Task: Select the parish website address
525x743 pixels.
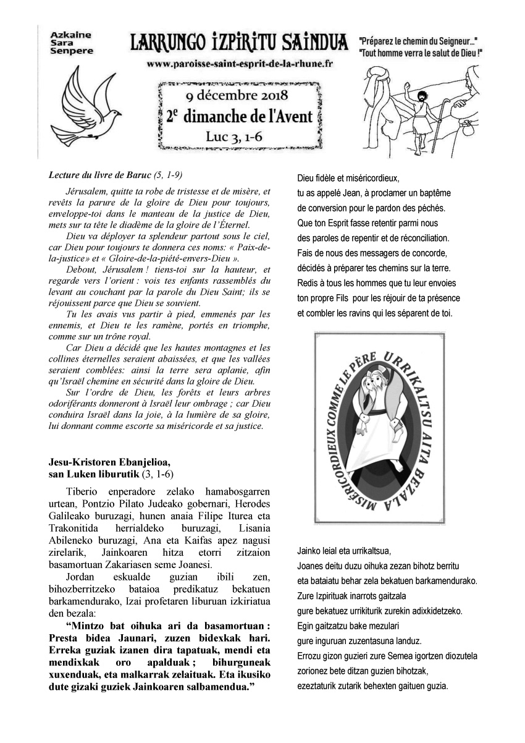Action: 240,63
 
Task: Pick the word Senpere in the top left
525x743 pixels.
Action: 72,51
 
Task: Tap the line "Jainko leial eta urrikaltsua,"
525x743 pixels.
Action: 344,551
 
